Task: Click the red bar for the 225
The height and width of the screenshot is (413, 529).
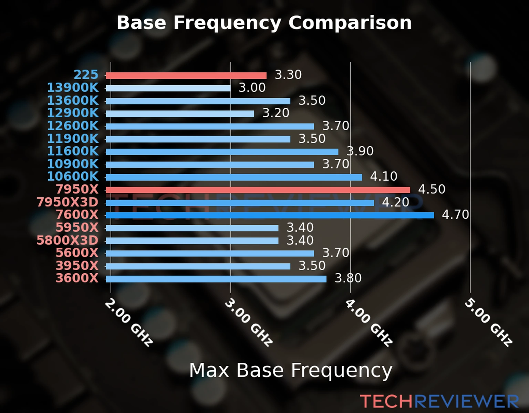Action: [x=186, y=76]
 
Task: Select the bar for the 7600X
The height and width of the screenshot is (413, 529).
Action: [x=270, y=215]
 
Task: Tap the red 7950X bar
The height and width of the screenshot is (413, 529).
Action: [x=258, y=190]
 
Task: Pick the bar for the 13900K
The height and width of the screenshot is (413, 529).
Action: [x=168, y=88]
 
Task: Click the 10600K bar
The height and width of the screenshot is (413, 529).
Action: [x=234, y=177]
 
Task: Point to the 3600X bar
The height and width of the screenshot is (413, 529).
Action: [x=216, y=279]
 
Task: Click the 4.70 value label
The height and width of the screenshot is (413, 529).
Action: [x=455, y=215]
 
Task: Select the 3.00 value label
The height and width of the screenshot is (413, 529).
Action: [x=252, y=88]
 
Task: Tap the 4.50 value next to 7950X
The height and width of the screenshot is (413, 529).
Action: [x=432, y=189]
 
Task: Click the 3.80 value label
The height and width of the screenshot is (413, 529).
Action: [x=348, y=278]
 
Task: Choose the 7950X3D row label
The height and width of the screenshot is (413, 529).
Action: [x=68, y=202]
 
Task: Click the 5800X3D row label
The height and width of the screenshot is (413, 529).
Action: [x=68, y=240]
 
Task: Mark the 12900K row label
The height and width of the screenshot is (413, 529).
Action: [x=73, y=113]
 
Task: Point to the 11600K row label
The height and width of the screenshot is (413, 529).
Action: [x=73, y=151]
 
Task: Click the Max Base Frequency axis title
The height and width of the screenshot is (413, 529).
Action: [x=291, y=370]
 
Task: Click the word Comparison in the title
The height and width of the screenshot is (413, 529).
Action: [x=350, y=23]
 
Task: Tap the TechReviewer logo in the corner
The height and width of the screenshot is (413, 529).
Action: [x=439, y=401]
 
